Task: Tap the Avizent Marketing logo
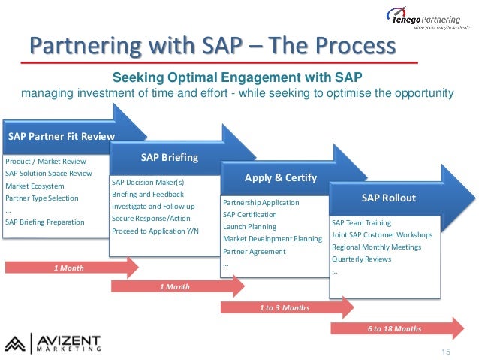(x=53, y=342)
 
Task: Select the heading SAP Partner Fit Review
(x=62, y=136)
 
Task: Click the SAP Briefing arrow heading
(x=170, y=157)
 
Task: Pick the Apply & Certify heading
(x=281, y=178)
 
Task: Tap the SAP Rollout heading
(x=388, y=198)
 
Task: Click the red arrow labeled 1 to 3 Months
(x=284, y=307)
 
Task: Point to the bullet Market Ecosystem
(x=35, y=186)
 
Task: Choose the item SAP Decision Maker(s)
(x=148, y=182)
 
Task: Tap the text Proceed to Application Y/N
(x=155, y=230)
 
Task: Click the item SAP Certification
(x=250, y=215)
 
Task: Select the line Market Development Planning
(x=273, y=239)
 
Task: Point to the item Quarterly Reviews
(x=362, y=259)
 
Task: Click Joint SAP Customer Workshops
(x=382, y=234)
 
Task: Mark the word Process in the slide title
(x=346, y=46)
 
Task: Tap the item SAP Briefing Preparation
(x=45, y=222)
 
